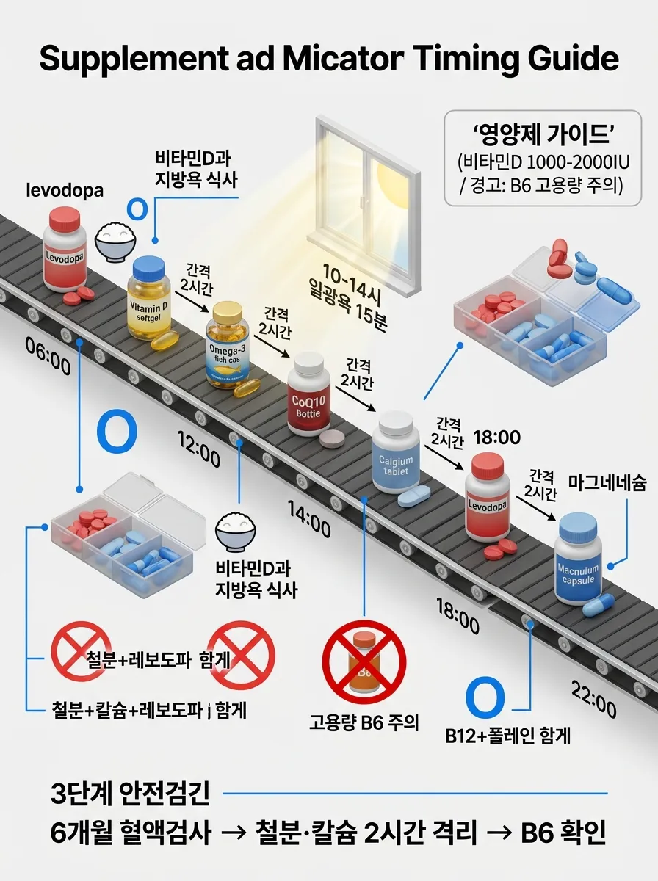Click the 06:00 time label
pos(48,365)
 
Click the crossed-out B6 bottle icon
pos(364,661)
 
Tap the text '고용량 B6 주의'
pos(364,722)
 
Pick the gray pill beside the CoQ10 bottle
pos(332,439)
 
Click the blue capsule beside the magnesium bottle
pos(598,604)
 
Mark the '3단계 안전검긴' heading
pos(130,794)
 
